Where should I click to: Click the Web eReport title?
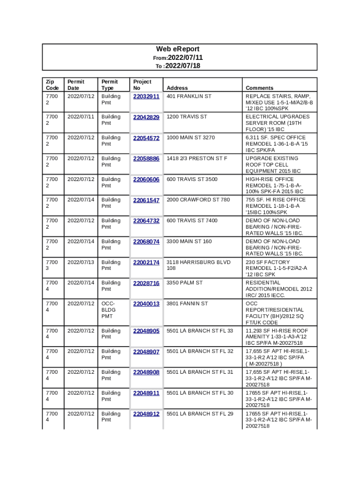[178, 49]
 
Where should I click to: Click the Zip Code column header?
[52, 85]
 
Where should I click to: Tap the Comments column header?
[259, 88]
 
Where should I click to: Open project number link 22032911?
[146, 96]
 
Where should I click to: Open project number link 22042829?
[146, 117]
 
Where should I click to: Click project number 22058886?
[146, 159]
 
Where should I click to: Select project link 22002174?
[146, 262]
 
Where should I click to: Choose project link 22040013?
[146, 304]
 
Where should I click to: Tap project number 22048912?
[146, 414]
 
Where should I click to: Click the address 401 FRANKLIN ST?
[189, 96]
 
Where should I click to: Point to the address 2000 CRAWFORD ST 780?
[198, 200]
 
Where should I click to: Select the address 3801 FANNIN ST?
[187, 304]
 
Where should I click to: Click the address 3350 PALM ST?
[185, 283]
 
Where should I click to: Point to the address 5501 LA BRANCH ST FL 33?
[200, 331]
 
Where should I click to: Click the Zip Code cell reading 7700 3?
[52, 265]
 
